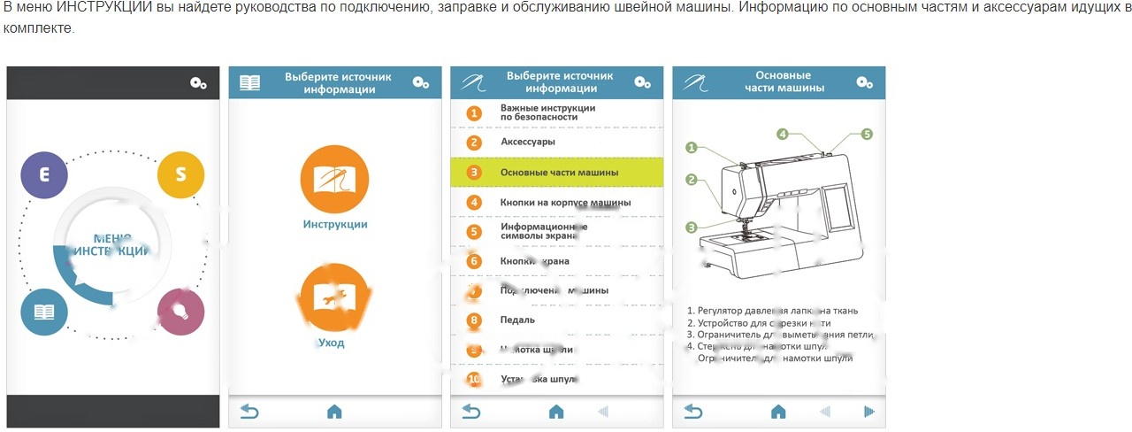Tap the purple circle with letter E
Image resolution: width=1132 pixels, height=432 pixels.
point(44,174)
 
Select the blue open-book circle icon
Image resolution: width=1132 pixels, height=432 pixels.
point(44,312)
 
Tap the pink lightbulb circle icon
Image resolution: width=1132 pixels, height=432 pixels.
point(180,312)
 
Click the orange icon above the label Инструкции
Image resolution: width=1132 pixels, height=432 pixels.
point(334,178)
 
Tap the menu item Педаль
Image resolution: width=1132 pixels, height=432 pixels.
point(517,320)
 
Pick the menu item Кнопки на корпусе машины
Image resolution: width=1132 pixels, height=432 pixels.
point(565,203)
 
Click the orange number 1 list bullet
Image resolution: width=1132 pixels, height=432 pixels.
point(474,113)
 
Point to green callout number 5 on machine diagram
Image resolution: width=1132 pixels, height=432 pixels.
point(867,135)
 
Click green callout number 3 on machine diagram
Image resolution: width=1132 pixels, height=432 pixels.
point(691,228)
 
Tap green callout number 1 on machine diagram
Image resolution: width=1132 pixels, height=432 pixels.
point(691,148)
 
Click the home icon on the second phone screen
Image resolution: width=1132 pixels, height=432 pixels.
point(334,412)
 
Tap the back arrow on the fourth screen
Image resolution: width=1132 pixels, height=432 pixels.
point(693,412)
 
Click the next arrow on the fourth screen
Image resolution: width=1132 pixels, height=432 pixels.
point(869,412)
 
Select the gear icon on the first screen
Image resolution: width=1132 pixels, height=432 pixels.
point(198,83)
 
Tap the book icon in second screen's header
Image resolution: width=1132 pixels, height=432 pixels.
point(250,83)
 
